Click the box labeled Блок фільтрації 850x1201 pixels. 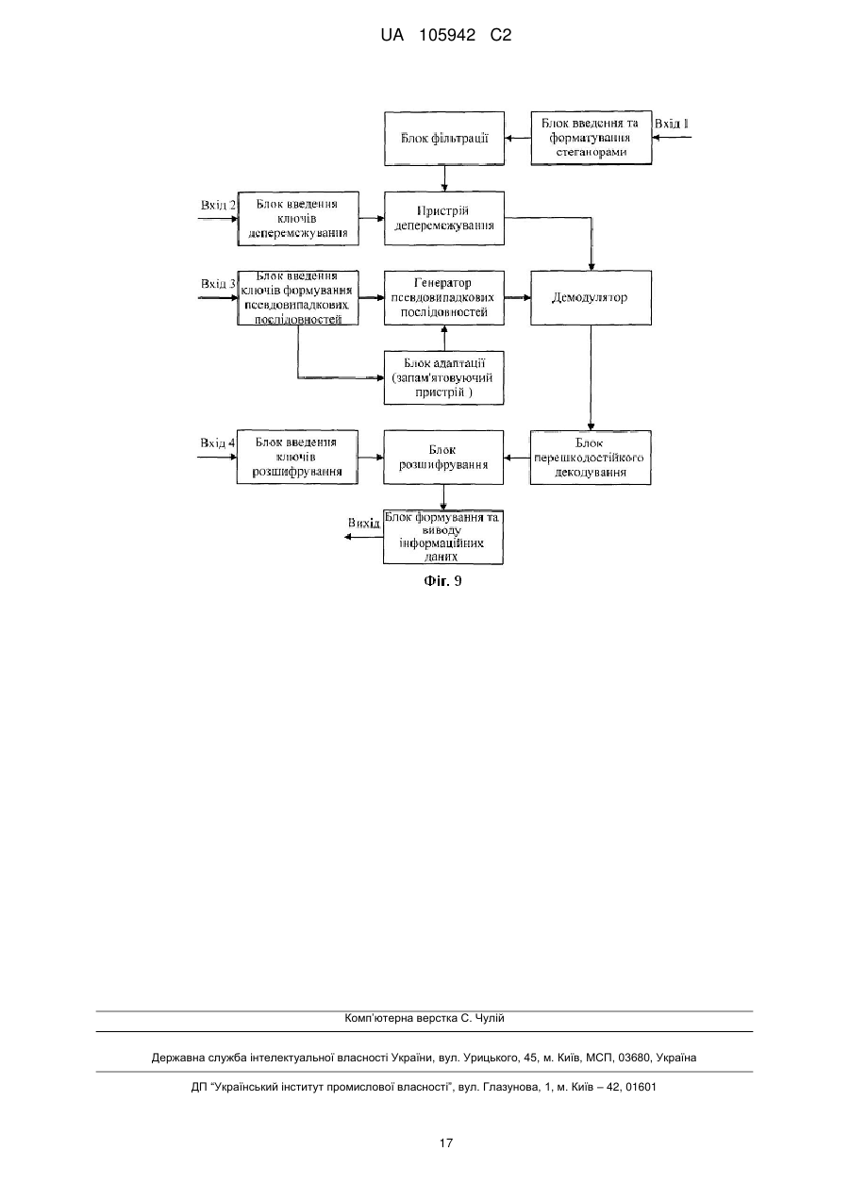pos(444,139)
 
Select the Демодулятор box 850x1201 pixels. pos(591,297)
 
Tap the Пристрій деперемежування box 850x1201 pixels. pos(444,218)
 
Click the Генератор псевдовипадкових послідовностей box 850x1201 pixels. pos(444,297)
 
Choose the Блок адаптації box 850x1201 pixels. pos(443,377)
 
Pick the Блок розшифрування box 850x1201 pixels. pos(443,458)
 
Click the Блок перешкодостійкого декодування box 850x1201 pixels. pos(591,458)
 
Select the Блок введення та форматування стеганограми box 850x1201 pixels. pos(591,138)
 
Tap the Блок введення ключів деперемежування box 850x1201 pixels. pos(298,219)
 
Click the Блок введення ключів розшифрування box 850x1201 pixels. pos(297,457)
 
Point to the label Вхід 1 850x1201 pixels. pos(671,124)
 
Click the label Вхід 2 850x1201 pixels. pos(218,205)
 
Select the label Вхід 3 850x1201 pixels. pos(218,284)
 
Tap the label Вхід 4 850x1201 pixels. pos(217,442)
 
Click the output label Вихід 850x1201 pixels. pos(363,523)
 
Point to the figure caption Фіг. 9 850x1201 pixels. pos(443,581)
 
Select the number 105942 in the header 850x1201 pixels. pos(447,36)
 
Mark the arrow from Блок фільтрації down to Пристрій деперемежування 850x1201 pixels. pos(444,178)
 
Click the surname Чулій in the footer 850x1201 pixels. pos(489,1018)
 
